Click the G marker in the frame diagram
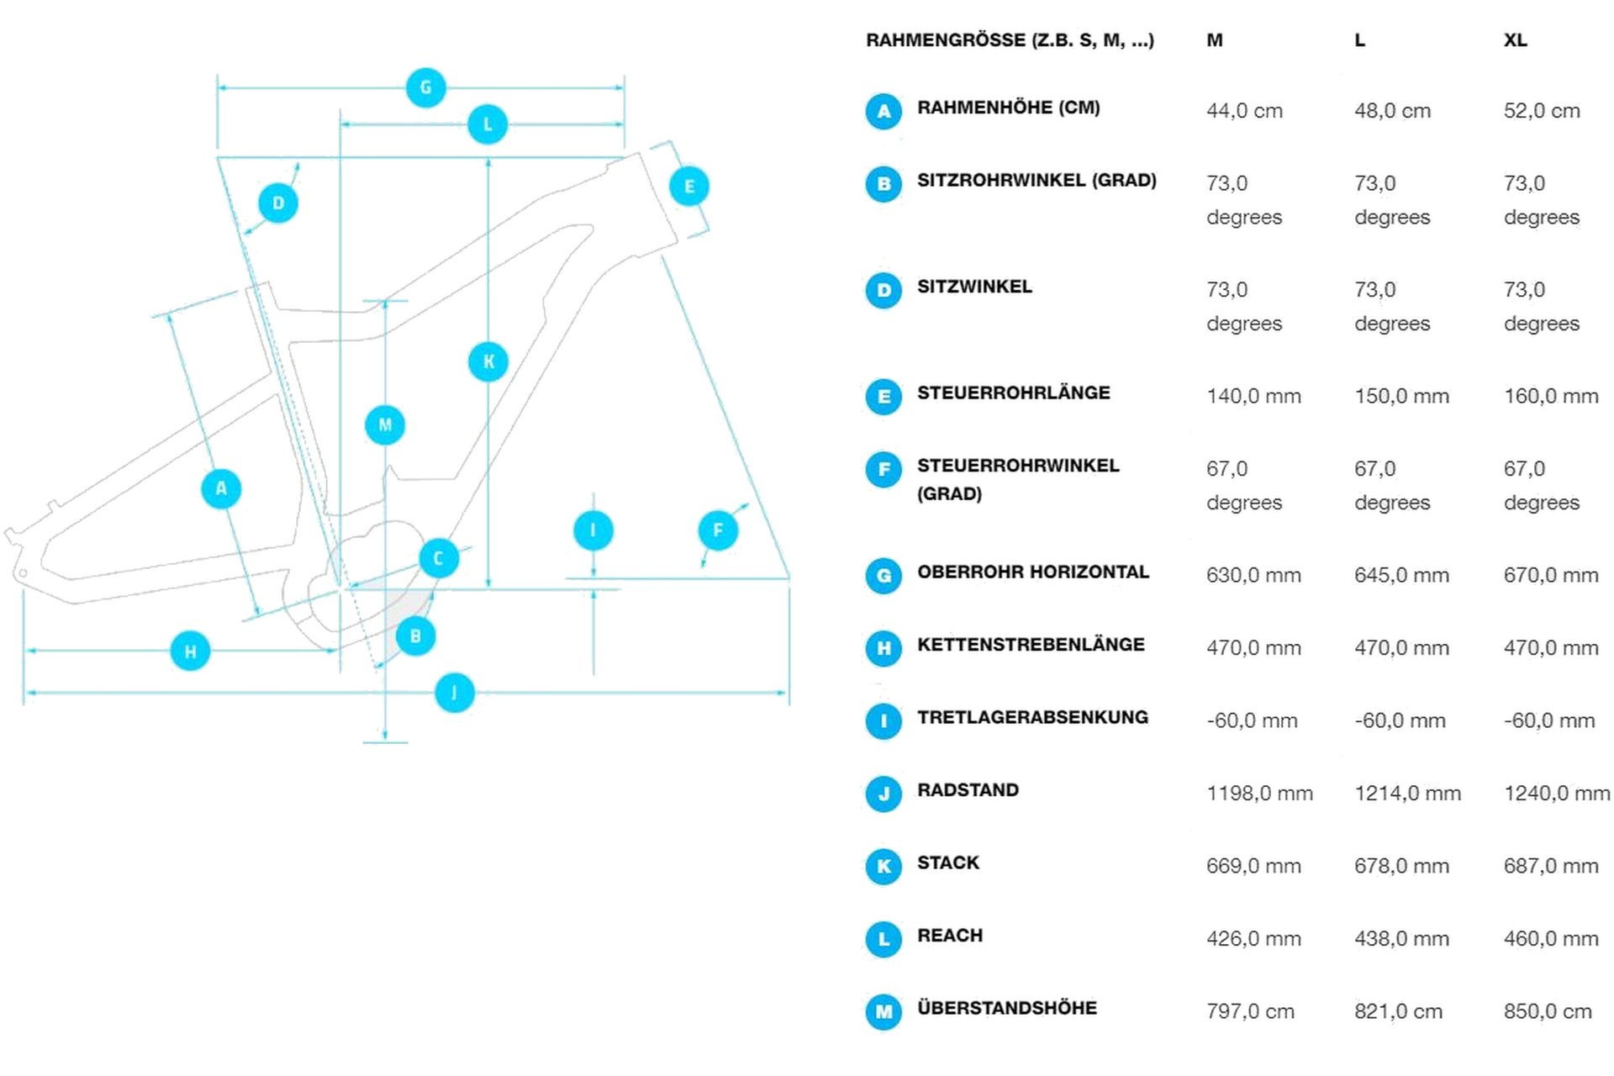[x=425, y=87]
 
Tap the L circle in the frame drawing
[x=488, y=124]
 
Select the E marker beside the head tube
[x=689, y=187]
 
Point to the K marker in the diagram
[x=488, y=361]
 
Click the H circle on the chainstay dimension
[x=190, y=651]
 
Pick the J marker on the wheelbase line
[x=455, y=693]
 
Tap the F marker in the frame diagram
[x=718, y=530]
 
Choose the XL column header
[x=1515, y=40]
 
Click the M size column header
[x=1214, y=40]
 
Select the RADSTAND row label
[x=968, y=790]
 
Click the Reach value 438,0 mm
[x=1401, y=939]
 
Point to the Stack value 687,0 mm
[x=1551, y=866]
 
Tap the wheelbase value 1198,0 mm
[x=1259, y=794]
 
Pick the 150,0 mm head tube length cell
[x=1401, y=396]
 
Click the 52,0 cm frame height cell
[x=1542, y=111]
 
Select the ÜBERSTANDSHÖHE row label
[x=1006, y=1008]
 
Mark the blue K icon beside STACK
[x=883, y=867]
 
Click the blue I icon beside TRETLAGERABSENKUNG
[x=883, y=721]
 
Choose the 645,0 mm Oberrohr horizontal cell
[x=1401, y=576]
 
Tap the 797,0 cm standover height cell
[x=1250, y=1011]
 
